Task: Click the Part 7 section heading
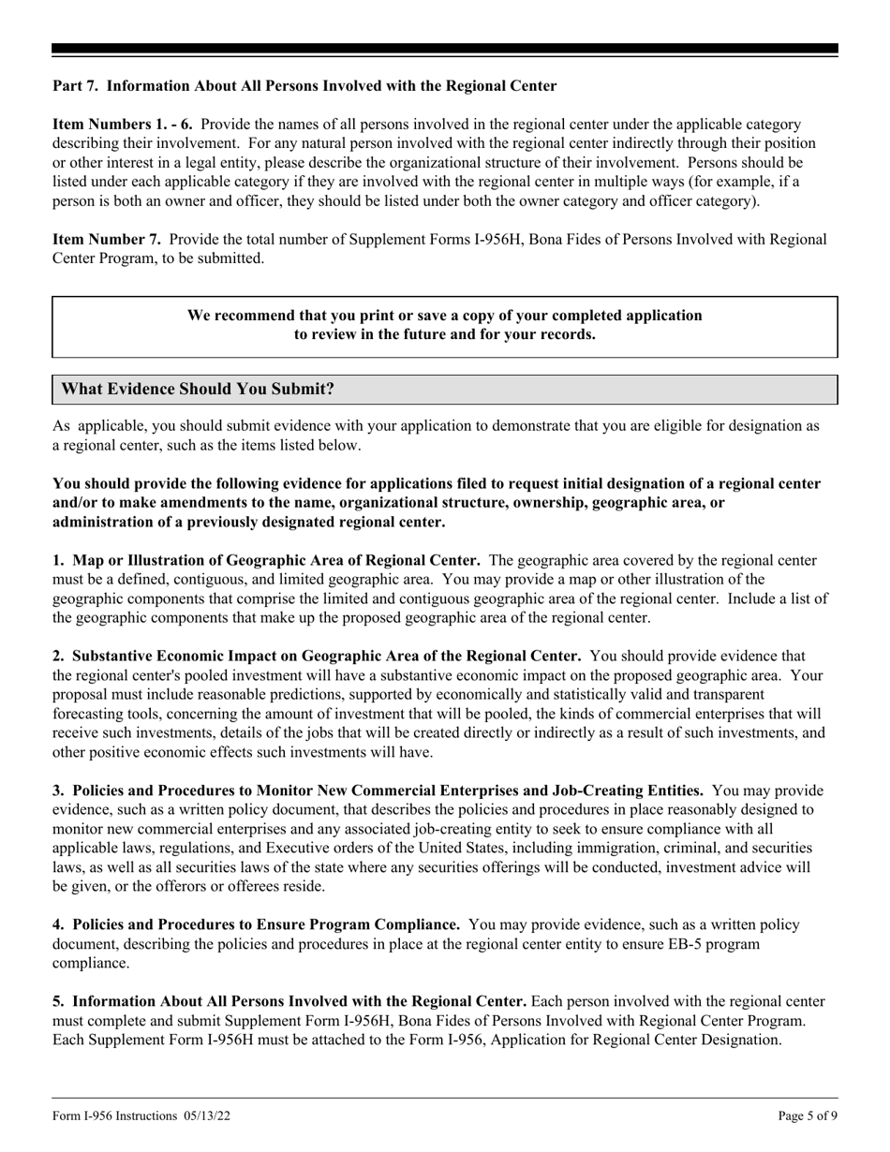pos(304,86)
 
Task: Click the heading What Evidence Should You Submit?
pos(198,389)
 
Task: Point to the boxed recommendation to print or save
pos(444,325)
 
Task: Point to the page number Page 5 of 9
pos(808,1115)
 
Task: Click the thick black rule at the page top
pos(444,49)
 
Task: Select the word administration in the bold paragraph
pos(105,523)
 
